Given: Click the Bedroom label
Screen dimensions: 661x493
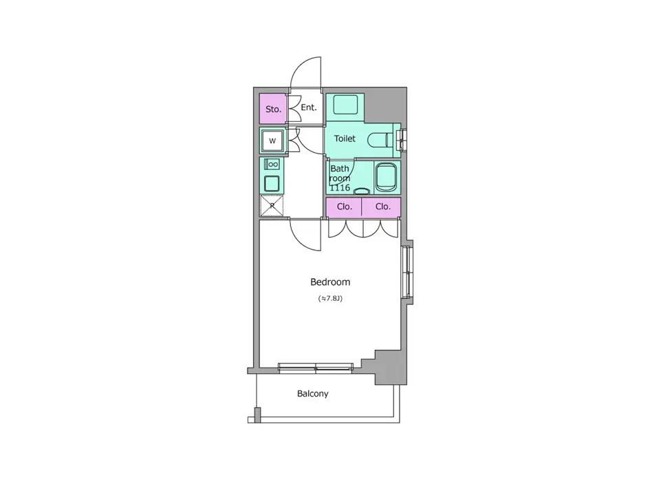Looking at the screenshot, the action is [330, 282].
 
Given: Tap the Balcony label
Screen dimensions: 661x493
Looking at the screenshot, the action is [313, 394].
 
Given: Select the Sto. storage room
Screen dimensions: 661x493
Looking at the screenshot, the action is [273, 109].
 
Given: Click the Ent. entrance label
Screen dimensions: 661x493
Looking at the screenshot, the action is [309, 107].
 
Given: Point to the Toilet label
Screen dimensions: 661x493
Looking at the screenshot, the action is [345, 138].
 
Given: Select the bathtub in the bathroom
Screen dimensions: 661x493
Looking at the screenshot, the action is [386, 176].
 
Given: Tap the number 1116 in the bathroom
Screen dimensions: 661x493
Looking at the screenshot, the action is [340, 188].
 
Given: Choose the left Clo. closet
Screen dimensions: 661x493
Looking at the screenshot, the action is [344, 207].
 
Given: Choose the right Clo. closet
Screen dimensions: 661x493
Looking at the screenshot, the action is [381, 207].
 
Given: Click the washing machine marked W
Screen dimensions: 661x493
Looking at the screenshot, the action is [272, 140].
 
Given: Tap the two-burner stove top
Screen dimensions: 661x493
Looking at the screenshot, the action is [272, 164].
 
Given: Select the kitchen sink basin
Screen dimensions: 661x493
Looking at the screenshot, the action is [272, 184].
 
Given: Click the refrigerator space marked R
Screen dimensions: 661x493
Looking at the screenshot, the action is [272, 206].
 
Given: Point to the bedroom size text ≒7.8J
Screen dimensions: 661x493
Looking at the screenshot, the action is [330, 298].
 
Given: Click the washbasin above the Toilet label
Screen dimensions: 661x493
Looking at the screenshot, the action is [346, 104].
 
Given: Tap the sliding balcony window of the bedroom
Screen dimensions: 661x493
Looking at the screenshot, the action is [315, 368].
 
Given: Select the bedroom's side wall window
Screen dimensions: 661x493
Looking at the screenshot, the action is [407, 273].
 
